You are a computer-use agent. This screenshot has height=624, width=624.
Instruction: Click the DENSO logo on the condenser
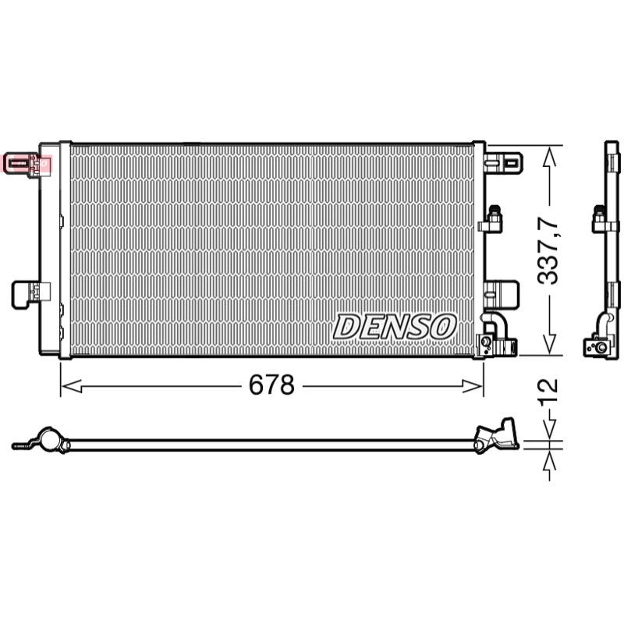click(x=395, y=326)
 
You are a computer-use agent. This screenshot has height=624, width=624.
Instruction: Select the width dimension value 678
click(x=271, y=385)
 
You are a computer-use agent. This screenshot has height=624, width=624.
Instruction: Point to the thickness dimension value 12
click(x=548, y=392)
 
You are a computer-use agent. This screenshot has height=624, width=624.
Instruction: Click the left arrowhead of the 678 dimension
click(x=73, y=385)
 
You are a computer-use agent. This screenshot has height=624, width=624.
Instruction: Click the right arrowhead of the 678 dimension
click(x=473, y=385)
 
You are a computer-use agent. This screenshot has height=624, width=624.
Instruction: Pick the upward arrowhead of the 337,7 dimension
click(x=549, y=158)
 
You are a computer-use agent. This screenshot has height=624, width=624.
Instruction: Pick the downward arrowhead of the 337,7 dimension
click(x=549, y=342)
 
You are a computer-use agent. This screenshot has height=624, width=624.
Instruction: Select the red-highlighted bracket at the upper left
click(x=27, y=163)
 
